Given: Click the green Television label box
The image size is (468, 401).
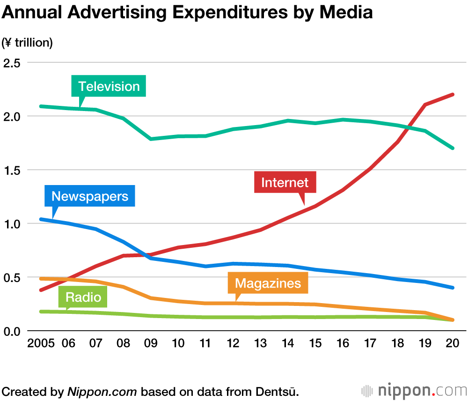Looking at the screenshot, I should pyautogui.click(x=109, y=86).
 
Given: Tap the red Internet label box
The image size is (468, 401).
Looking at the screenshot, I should pyautogui.click(x=285, y=182).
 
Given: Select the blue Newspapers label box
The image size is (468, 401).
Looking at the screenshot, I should pyautogui.click(x=90, y=196).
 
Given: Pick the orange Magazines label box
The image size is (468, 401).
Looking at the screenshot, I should pyautogui.click(x=268, y=283).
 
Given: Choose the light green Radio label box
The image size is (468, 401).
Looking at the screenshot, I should pyautogui.click(x=83, y=297).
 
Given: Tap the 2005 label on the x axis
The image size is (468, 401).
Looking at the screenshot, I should pyautogui.click(x=41, y=343).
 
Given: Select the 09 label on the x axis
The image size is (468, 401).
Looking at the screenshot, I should pyautogui.click(x=151, y=343).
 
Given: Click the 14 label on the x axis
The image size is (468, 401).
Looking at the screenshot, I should pyautogui.click(x=288, y=343).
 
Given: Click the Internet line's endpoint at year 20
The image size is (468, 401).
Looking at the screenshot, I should pyautogui.click(x=453, y=95).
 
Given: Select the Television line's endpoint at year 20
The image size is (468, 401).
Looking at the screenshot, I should pyautogui.click(x=453, y=148).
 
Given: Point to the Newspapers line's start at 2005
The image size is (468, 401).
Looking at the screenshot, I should pyautogui.click(x=41, y=219).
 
